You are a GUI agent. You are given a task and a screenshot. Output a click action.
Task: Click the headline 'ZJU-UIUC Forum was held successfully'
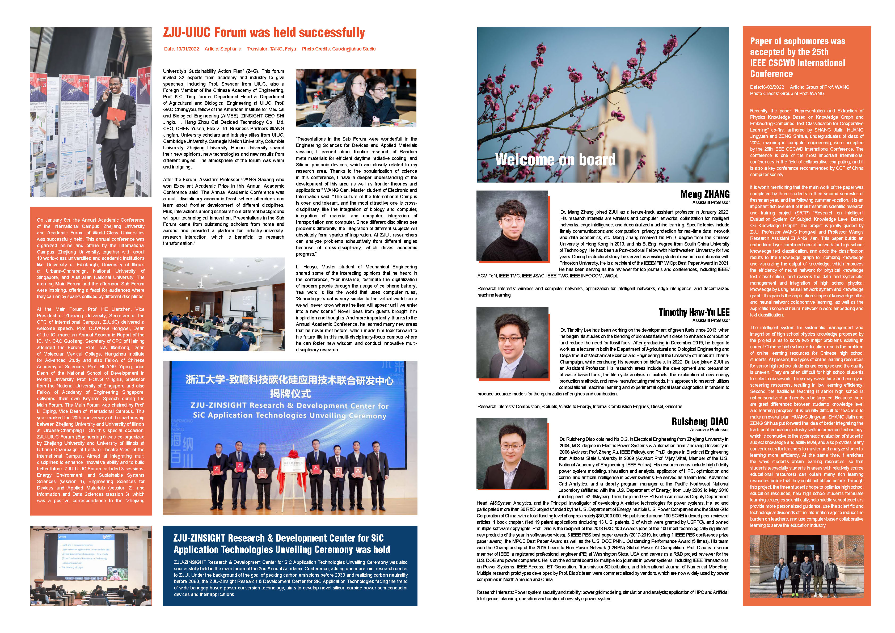click(264, 33)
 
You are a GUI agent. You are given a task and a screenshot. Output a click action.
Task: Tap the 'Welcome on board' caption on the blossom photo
click(555, 159)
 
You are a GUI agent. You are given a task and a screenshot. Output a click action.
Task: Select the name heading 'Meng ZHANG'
click(705, 194)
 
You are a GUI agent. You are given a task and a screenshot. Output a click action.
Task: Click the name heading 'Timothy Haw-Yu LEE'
click(694, 312)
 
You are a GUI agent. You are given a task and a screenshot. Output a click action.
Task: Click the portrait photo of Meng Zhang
click(512, 225)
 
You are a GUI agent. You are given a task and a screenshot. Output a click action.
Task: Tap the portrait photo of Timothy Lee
click(512, 343)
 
